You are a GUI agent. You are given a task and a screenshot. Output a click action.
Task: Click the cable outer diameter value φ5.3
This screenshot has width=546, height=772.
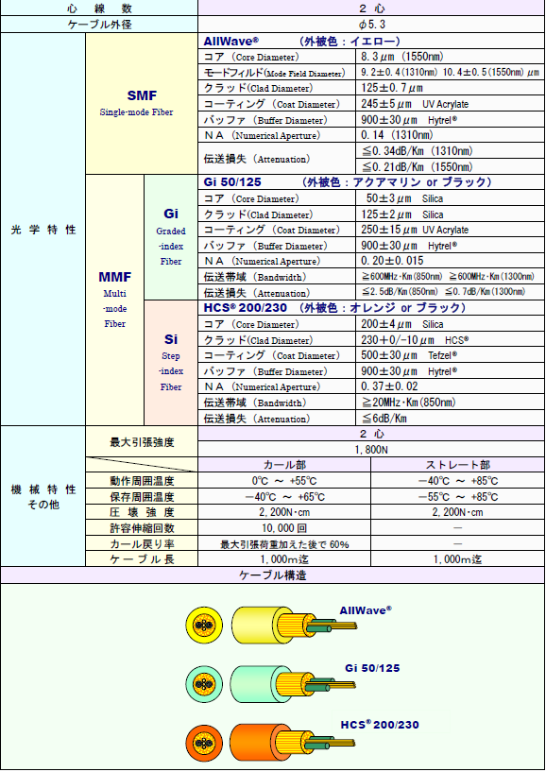[371, 25]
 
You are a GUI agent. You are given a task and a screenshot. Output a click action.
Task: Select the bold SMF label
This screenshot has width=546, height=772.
[142, 95]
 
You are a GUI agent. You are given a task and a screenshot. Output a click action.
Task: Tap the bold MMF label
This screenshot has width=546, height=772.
[114, 277]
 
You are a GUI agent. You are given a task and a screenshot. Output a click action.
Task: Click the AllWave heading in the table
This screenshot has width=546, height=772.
[230, 41]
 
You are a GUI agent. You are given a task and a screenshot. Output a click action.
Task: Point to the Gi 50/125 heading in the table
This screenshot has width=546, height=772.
[232, 182]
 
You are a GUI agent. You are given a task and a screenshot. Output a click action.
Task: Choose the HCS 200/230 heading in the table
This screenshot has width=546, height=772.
[246, 308]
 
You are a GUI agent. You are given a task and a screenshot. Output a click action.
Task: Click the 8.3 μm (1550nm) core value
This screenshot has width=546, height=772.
[401, 57]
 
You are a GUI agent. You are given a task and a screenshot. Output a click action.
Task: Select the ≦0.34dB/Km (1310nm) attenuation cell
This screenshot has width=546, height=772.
[417, 151]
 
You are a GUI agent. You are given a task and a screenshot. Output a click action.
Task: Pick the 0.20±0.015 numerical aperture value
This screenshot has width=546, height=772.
[392, 261]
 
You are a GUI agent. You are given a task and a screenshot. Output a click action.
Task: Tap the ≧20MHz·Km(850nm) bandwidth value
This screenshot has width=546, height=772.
[409, 403]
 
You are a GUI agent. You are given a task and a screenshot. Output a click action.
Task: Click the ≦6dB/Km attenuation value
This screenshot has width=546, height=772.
[384, 419]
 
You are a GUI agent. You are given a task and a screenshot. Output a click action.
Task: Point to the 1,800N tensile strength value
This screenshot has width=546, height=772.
[371, 450]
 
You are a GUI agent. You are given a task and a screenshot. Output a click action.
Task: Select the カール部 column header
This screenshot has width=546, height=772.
[284, 465]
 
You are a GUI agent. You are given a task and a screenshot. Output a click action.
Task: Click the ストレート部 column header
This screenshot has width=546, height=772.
[458, 465]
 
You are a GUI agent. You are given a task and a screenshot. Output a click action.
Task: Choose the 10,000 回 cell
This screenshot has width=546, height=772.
[284, 528]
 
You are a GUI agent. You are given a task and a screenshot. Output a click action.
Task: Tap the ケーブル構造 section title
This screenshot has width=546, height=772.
[273, 575]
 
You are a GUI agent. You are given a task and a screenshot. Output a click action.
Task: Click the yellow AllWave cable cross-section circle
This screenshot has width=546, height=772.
[204, 626]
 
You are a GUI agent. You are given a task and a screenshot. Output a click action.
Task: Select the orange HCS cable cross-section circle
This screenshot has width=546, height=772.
[204, 744]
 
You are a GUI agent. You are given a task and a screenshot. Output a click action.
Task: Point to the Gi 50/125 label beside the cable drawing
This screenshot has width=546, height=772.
[372, 668]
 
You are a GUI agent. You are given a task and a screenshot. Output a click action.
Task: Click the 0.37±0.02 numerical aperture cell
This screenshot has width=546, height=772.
[389, 386]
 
